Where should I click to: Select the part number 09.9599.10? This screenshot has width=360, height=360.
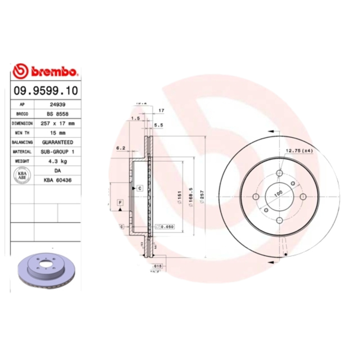(x=45, y=90)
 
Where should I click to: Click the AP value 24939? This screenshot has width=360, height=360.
(x=57, y=105)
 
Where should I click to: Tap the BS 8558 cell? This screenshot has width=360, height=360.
(x=57, y=114)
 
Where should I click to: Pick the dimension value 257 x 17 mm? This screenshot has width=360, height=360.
(x=57, y=123)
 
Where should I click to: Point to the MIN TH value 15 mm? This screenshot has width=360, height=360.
(x=57, y=133)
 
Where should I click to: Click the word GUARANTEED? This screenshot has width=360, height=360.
(x=57, y=142)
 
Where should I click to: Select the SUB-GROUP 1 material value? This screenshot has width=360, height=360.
(x=57, y=152)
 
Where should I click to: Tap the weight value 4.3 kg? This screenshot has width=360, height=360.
(x=57, y=161)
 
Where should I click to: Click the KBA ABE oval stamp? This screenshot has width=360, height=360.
(x=22, y=175)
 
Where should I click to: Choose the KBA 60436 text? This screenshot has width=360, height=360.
(x=57, y=180)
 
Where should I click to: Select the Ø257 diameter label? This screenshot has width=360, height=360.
(x=202, y=196)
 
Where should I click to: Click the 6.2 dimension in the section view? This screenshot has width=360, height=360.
(x=120, y=148)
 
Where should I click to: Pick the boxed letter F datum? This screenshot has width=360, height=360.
(x=120, y=203)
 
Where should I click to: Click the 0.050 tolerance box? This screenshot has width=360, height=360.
(x=166, y=227)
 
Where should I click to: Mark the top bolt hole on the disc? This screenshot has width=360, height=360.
(x=279, y=173)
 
